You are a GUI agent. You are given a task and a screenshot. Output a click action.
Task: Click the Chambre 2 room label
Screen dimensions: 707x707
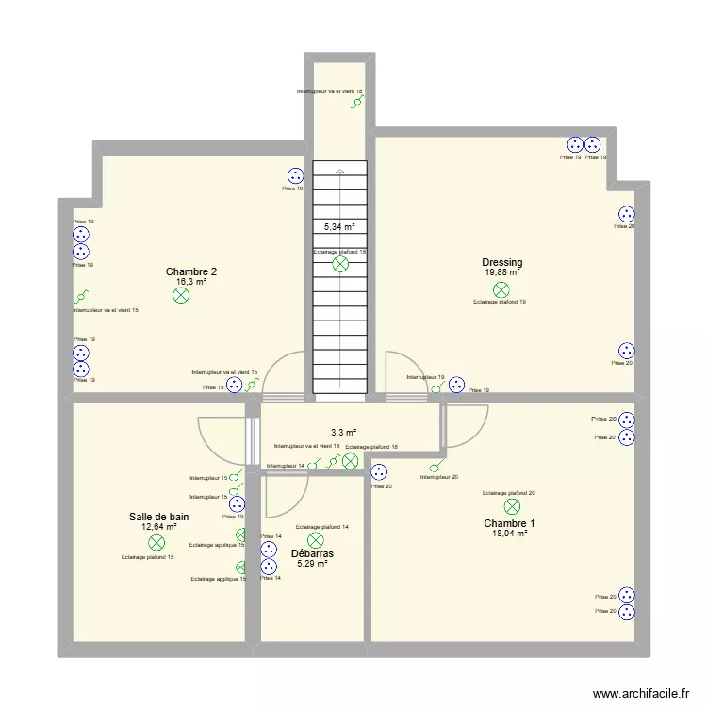point(191,271)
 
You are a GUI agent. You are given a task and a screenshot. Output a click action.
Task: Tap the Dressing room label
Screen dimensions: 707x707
point(501,263)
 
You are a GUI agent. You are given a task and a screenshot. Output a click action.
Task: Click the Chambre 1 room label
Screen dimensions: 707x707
point(509,524)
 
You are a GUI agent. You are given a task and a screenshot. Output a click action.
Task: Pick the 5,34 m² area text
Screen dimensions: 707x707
point(339,227)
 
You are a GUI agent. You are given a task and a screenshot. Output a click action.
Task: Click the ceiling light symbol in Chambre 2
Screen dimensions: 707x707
point(181,296)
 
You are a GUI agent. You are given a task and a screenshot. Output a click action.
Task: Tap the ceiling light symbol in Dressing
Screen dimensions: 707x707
point(501,289)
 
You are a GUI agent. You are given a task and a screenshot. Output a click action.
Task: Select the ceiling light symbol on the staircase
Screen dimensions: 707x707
point(340,265)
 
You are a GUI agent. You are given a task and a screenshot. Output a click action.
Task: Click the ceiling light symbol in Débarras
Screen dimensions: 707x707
point(316,539)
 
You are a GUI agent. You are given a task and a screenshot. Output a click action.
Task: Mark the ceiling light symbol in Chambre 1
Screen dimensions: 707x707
point(511,506)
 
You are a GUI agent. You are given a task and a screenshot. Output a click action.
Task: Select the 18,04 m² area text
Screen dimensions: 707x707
point(509,534)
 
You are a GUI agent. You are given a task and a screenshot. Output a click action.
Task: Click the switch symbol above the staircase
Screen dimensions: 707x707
point(355,104)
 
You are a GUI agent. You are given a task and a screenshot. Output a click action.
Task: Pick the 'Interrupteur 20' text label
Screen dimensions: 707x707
point(439,477)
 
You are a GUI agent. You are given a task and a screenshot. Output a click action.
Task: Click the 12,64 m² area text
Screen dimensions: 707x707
point(159,527)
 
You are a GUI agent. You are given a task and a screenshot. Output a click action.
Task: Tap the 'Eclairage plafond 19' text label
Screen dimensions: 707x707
point(500,303)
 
